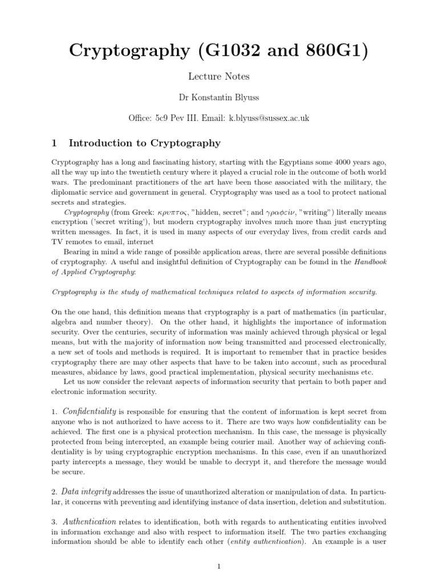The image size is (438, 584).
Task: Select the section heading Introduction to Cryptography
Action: tap(144, 143)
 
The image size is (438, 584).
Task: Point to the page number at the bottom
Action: tap(219, 566)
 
